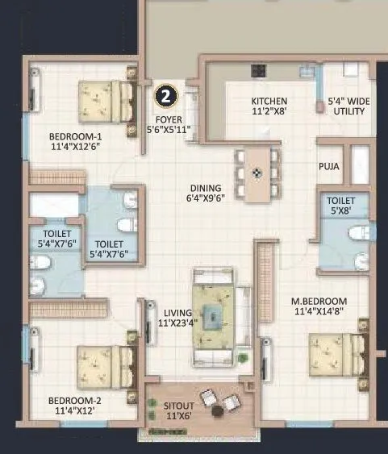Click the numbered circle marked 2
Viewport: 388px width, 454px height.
tap(165, 96)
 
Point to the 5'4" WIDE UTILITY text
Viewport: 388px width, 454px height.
tap(348, 106)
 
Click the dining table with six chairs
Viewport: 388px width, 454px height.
tap(257, 173)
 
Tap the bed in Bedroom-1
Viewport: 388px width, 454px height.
tap(106, 100)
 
